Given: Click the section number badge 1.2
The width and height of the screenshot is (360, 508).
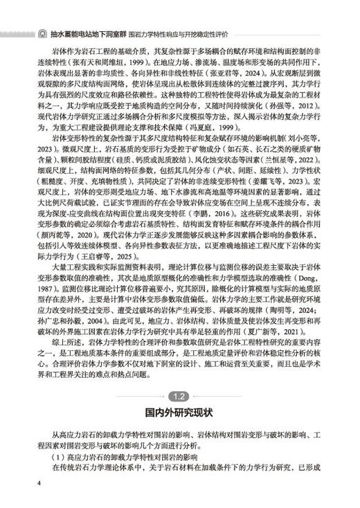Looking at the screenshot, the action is tap(179, 397).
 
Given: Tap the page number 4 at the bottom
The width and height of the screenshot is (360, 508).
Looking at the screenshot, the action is tap(39, 482).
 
